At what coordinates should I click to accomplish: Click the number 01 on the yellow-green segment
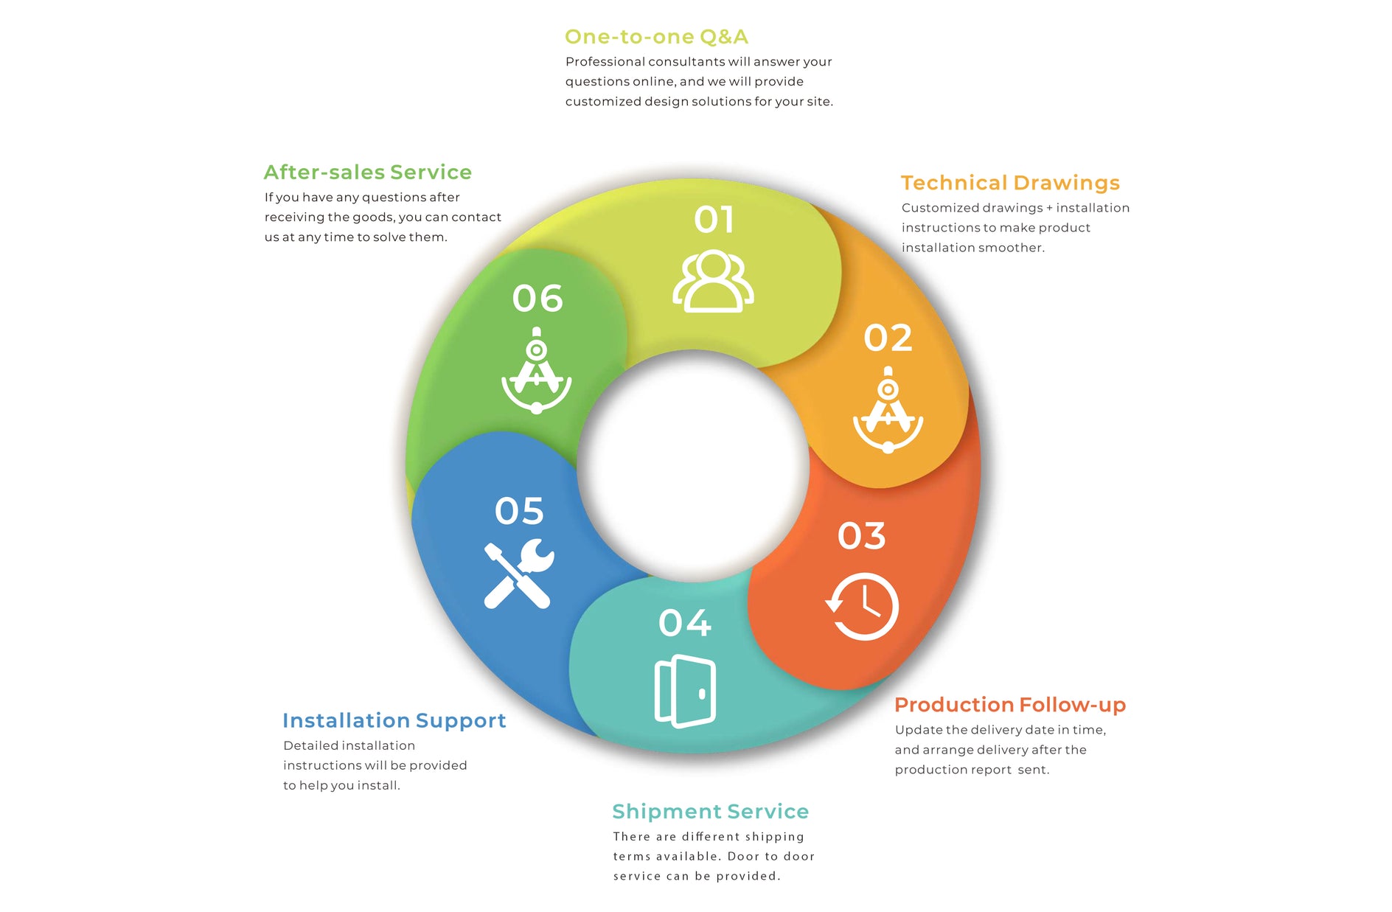[x=714, y=220]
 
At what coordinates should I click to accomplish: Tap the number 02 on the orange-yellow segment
[x=888, y=338]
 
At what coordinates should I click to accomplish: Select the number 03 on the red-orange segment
[x=861, y=536]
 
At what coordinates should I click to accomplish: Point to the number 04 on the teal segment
[x=685, y=623]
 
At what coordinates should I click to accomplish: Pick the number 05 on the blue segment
[x=519, y=511]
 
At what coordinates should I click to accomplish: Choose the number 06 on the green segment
[x=537, y=299]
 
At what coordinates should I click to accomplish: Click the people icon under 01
[x=713, y=281]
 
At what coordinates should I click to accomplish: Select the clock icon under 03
[x=862, y=606]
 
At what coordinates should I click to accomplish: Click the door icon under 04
[x=685, y=691]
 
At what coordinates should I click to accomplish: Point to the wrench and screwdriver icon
[x=519, y=574]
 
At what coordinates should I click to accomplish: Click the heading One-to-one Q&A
[x=656, y=37]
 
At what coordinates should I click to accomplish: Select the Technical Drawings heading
[x=1010, y=183]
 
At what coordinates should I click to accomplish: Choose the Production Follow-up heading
[x=1010, y=706]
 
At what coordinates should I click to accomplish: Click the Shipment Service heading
[x=711, y=812]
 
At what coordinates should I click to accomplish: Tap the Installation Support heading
[x=394, y=721]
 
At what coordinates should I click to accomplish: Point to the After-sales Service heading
[x=368, y=173]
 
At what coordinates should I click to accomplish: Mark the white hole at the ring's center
[x=694, y=466]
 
